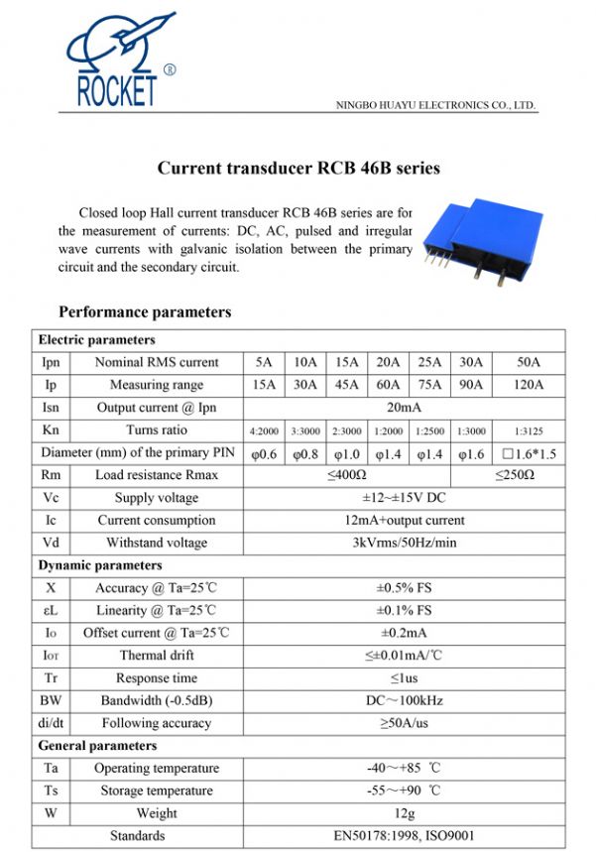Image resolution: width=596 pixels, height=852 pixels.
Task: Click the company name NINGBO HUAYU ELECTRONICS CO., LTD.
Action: (x=435, y=104)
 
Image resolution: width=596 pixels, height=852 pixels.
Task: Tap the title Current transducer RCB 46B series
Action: (x=298, y=168)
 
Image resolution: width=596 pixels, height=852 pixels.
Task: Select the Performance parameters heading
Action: (x=145, y=311)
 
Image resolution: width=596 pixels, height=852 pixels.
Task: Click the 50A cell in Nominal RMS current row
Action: (x=530, y=362)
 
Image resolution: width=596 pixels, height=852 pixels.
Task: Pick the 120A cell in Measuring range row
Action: (x=530, y=385)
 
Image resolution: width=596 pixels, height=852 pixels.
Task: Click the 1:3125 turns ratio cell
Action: (x=530, y=431)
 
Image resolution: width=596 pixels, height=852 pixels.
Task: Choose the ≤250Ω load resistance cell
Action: (x=515, y=475)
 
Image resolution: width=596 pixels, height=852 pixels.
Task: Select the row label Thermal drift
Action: (x=157, y=656)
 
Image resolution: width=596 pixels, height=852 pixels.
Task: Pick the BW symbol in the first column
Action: (x=51, y=700)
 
